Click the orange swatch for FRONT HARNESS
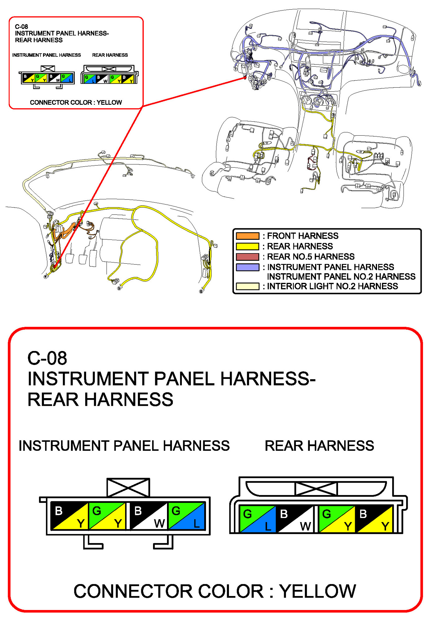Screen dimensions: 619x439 coord(247,236)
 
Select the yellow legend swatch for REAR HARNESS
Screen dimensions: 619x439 coord(247,246)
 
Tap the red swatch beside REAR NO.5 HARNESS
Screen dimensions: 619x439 coord(247,257)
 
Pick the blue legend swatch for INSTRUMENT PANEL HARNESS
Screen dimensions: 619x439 coord(247,267)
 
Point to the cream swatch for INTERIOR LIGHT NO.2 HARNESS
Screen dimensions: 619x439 coord(247,286)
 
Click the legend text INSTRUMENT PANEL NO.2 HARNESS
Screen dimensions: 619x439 coord(341,276)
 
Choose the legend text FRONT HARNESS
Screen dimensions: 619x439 coord(303,236)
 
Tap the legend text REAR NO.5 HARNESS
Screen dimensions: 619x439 coord(311,257)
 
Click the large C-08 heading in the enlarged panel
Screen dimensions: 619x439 coord(47,358)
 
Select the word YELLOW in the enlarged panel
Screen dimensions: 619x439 coord(318,591)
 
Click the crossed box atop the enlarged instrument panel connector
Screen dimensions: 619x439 coord(128,487)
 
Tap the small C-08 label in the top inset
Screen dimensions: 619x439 coord(21,27)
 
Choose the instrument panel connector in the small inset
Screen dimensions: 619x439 coord(48,77)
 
